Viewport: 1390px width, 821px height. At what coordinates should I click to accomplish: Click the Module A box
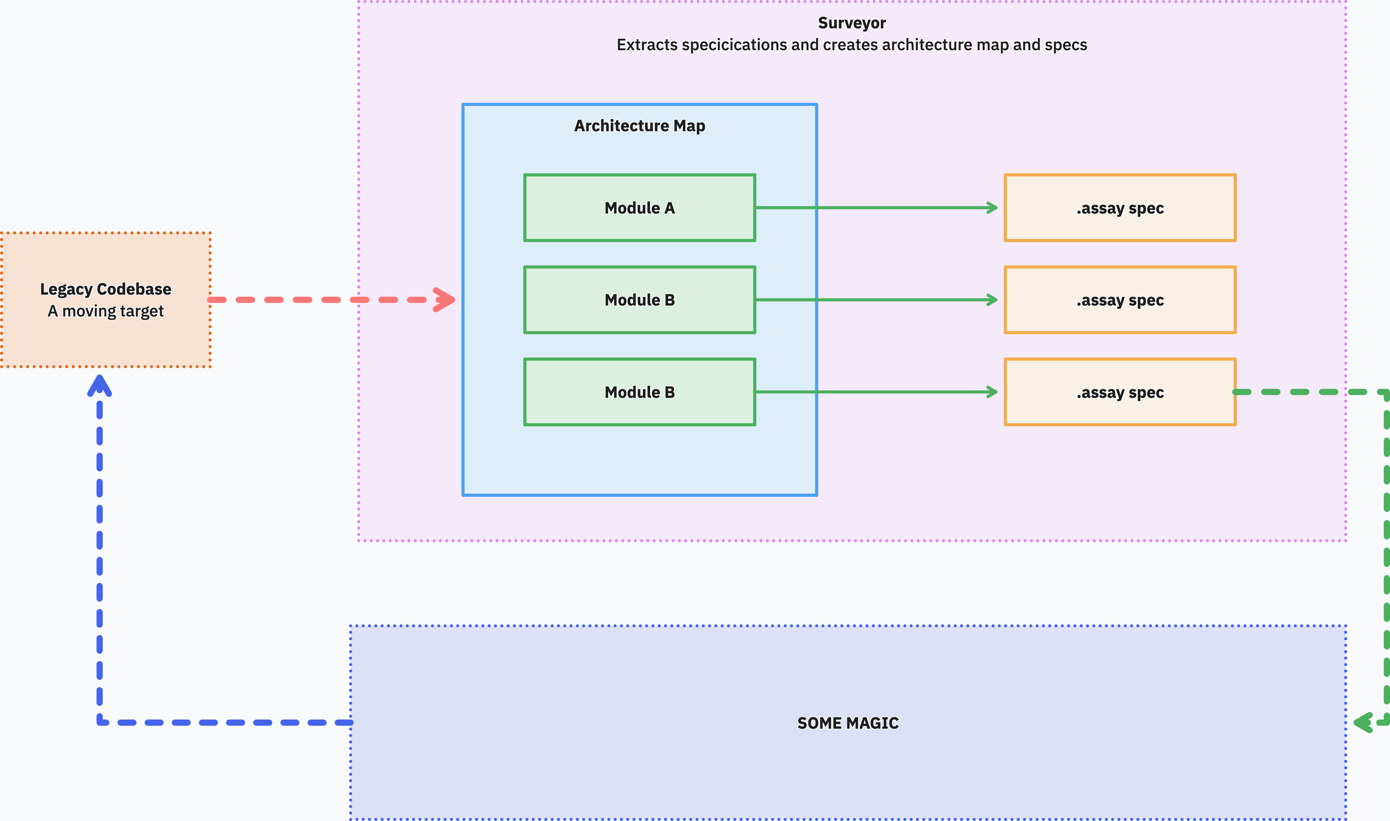[640, 208]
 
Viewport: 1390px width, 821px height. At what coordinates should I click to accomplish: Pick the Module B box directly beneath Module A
[640, 300]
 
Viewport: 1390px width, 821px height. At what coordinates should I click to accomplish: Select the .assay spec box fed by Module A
[1120, 208]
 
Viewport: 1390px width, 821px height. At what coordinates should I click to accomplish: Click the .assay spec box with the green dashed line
[1120, 392]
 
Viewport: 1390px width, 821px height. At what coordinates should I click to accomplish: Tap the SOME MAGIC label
[848, 723]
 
